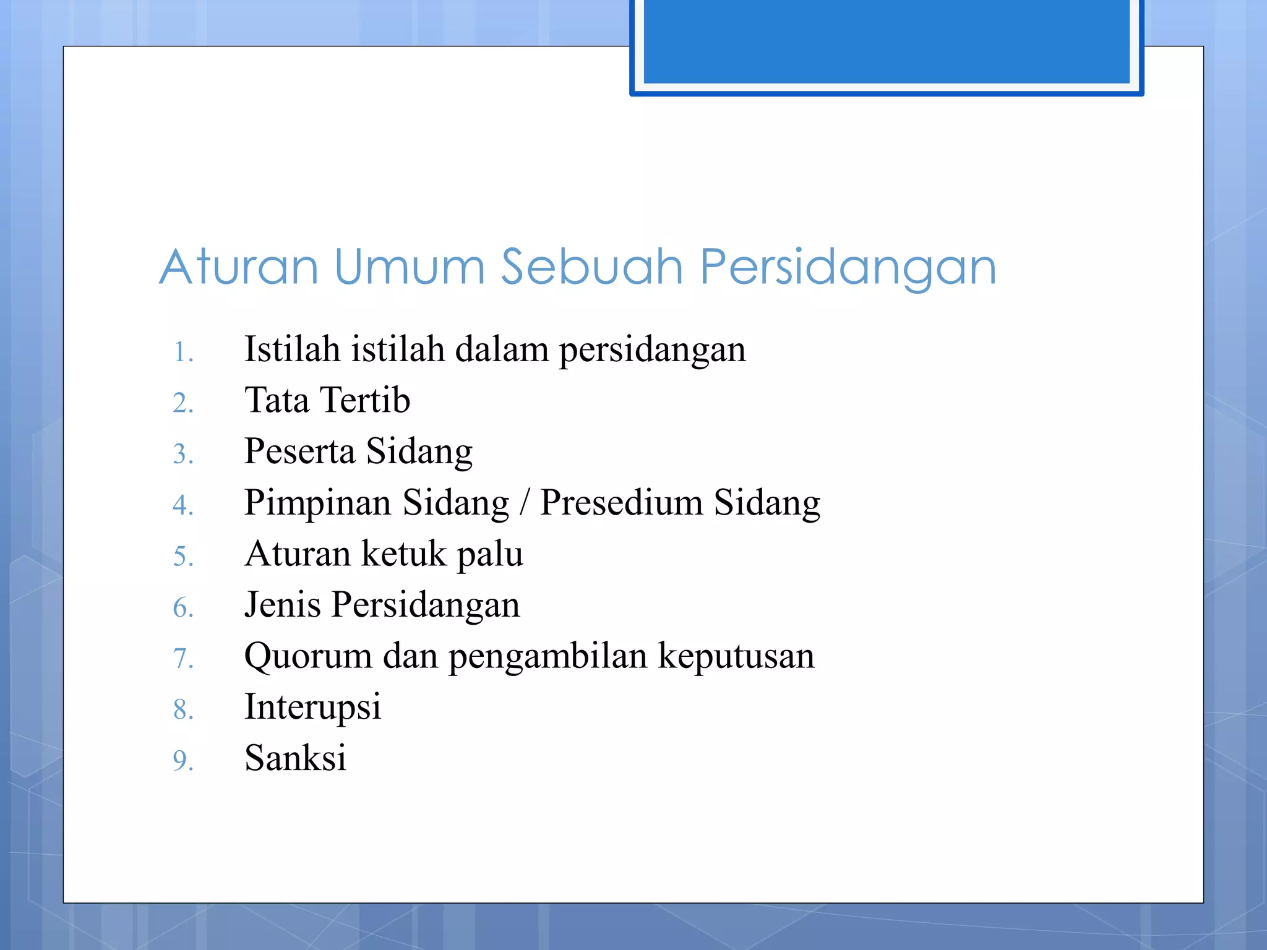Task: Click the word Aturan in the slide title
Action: [x=239, y=267]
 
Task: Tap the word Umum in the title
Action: [x=410, y=267]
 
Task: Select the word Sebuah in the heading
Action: [x=592, y=267]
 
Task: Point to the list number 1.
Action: [x=183, y=353]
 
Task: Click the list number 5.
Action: [x=183, y=557]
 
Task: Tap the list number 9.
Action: [x=183, y=761]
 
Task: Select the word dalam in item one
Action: [x=502, y=349]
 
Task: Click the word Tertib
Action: [x=365, y=400]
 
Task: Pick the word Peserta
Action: [x=299, y=451]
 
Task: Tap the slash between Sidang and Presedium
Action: [x=525, y=503]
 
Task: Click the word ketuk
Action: [x=403, y=554]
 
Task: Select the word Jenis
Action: [x=282, y=605]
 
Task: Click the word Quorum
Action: [x=308, y=656]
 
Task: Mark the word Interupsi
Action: [x=312, y=708]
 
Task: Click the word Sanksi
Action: [x=295, y=758]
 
